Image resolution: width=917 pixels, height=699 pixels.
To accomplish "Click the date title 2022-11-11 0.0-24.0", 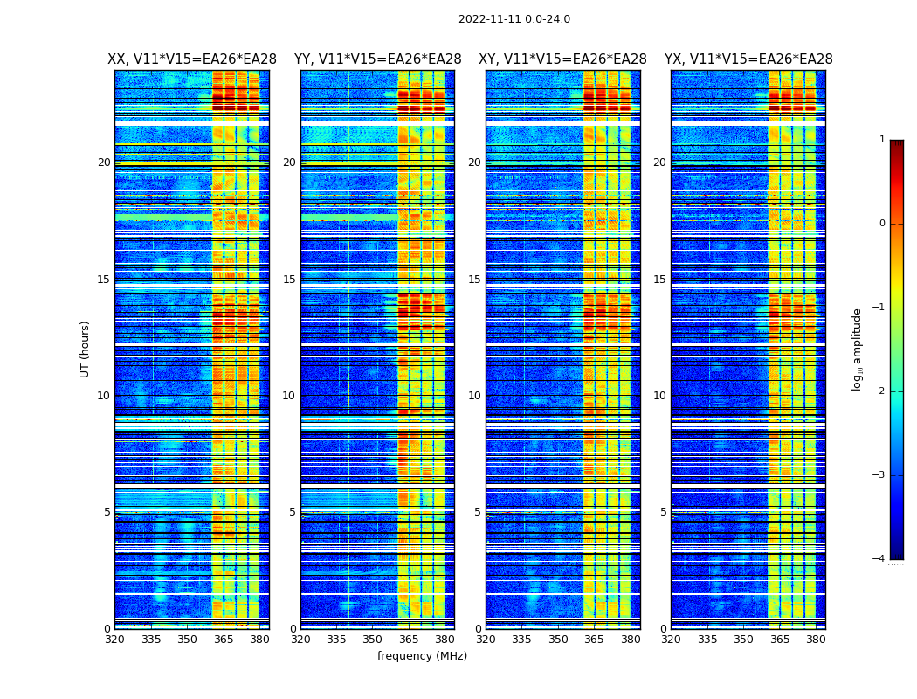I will (x=514, y=19).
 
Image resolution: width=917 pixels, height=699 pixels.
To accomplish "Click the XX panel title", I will (x=192, y=59).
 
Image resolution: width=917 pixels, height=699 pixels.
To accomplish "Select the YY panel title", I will (x=377, y=59).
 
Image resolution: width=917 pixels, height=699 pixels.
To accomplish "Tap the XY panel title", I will (x=562, y=59).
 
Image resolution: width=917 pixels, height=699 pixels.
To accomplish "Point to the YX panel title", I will (x=748, y=59).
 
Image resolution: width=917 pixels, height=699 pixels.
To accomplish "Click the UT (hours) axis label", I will (x=86, y=349).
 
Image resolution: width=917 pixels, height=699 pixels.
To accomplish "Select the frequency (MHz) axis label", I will (x=422, y=656).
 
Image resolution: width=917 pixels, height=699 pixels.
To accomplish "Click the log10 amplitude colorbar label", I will (x=857, y=349).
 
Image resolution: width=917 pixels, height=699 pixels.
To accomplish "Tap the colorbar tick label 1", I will (x=882, y=140).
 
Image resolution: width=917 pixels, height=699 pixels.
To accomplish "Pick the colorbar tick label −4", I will (x=879, y=559).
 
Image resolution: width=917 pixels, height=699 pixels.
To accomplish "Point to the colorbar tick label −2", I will (x=879, y=391).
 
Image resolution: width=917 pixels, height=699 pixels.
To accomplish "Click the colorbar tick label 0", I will (x=882, y=224).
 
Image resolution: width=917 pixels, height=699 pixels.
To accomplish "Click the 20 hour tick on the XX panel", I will (x=104, y=163).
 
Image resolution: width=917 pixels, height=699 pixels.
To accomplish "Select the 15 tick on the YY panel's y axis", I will (x=289, y=280).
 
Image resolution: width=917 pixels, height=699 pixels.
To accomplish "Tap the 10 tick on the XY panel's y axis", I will (x=474, y=396).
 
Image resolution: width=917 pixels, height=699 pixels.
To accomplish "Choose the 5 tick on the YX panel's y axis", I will (x=663, y=512).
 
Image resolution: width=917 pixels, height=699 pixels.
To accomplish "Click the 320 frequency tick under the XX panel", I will (x=114, y=640).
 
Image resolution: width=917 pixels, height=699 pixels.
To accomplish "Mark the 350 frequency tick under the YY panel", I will (x=373, y=640).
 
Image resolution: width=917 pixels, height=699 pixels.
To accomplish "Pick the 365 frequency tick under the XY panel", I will (x=594, y=640).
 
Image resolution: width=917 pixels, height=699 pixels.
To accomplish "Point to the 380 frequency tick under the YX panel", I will (x=816, y=640).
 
